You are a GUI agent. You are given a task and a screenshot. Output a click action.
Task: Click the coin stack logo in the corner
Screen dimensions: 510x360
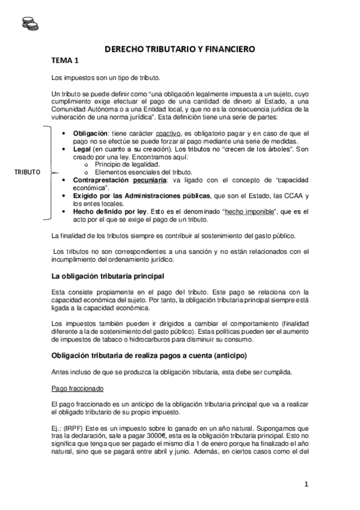point(28,23)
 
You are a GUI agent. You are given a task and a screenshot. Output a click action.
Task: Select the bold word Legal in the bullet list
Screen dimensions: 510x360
point(83,148)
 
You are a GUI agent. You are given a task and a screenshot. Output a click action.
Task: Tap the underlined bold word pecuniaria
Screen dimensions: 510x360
point(150,180)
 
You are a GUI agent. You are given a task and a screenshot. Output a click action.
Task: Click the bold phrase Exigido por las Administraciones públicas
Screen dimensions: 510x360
point(142,196)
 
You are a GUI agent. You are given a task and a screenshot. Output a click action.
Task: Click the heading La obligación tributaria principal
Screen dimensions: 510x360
point(108,276)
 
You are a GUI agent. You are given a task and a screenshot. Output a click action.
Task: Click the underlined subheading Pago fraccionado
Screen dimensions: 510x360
point(78,388)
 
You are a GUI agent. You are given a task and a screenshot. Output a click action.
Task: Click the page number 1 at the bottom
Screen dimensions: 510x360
point(306,484)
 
